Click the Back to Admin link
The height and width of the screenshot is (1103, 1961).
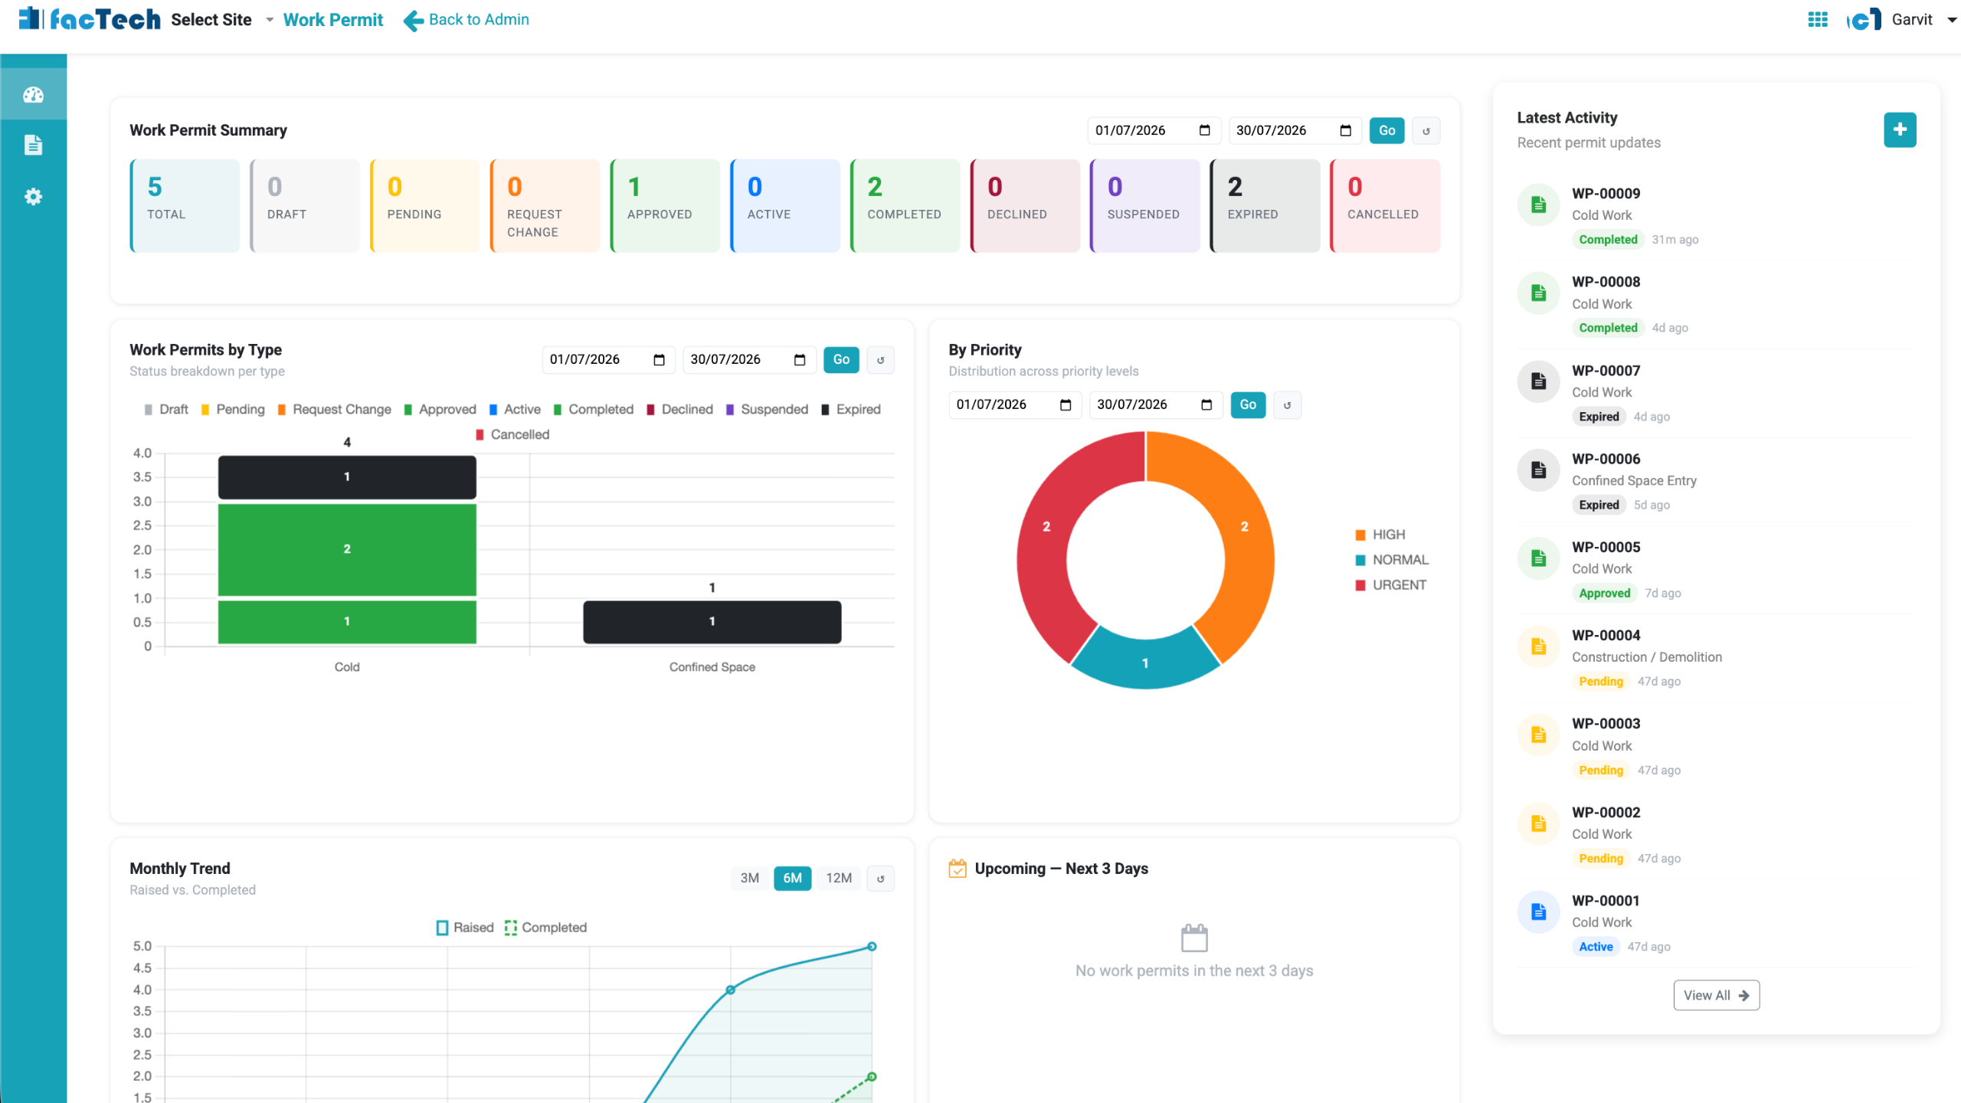[x=466, y=20]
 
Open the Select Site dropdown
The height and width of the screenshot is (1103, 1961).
[x=222, y=20]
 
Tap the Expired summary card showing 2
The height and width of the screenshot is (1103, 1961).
[x=1265, y=205]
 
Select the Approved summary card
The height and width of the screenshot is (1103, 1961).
[x=665, y=205]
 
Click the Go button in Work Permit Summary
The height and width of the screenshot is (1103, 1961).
[x=1386, y=130]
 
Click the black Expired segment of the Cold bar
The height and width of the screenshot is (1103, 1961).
[x=347, y=477]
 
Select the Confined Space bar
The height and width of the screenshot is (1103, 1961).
[x=712, y=621]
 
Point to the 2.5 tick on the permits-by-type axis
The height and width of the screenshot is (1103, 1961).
[x=142, y=525]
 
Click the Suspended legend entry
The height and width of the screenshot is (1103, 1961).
[x=766, y=409]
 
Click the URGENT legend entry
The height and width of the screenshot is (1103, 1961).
[x=1390, y=585]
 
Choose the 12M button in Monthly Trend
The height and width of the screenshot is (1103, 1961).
[x=839, y=878]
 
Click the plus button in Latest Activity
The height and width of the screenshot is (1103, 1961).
[x=1900, y=130]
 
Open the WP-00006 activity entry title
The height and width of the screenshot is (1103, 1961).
[x=1606, y=459]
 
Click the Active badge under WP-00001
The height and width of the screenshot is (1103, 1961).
[x=1596, y=947]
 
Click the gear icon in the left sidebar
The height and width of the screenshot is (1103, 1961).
[x=33, y=197]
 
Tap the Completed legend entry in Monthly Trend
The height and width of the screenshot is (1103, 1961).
[x=545, y=928]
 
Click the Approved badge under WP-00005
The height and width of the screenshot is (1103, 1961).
[x=1604, y=593]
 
